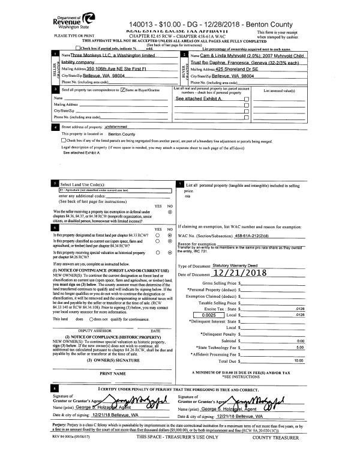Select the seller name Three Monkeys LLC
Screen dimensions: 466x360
(x=114, y=55)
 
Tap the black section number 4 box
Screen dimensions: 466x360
(x=56, y=127)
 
